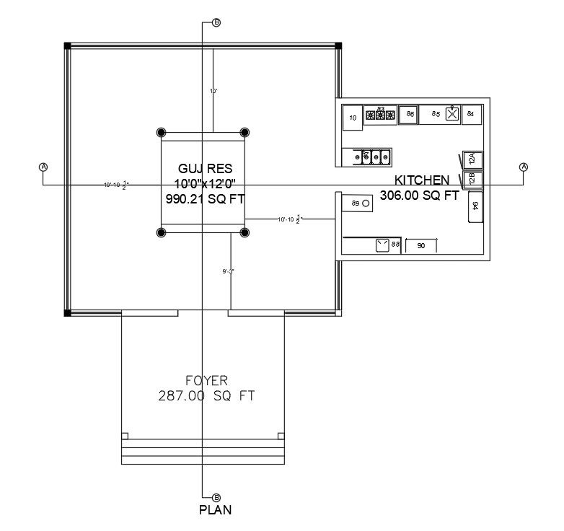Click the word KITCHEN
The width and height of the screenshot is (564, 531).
(422, 180)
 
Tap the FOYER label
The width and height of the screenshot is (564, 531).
(206, 380)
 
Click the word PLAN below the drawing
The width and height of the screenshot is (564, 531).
(215, 510)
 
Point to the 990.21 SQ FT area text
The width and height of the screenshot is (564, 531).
(205, 200)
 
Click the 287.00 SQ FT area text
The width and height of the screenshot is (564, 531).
(206, 395)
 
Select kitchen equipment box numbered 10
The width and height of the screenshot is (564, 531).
(353, 118)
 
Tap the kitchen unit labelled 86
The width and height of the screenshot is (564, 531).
(409, 114)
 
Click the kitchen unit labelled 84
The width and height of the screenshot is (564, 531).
(471, 113)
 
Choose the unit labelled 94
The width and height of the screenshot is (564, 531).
(475, 206)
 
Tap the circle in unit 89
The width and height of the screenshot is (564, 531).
(366, 205)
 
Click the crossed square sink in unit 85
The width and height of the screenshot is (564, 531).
(452, 113)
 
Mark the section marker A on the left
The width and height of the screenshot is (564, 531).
(43, 167)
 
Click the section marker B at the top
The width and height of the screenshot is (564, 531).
(216, 23)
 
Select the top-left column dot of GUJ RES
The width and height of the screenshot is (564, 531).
(161, 133)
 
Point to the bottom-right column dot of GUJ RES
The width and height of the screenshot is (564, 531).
(244, 232)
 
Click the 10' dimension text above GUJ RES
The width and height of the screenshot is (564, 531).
(213, 92)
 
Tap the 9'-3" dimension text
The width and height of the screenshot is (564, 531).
(228, 271)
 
